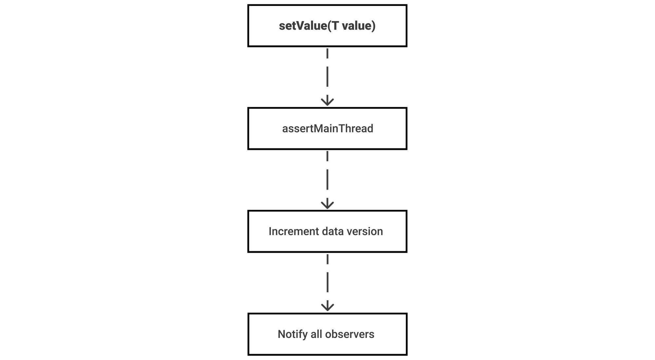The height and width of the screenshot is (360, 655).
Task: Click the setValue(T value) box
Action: click(327, 26)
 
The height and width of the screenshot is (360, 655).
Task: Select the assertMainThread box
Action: click(327, 128)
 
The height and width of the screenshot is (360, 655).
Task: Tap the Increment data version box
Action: click(327, 231)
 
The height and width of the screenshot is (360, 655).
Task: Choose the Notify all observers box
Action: click(327, 334)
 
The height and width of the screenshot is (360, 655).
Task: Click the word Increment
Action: click(289, 231)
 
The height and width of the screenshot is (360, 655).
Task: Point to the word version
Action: click(365, 231)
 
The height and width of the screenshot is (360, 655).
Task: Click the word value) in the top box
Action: click(359, 26)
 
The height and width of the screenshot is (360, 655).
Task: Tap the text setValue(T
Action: click(309, 26)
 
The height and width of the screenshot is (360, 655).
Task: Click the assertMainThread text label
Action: click(327, 128)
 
